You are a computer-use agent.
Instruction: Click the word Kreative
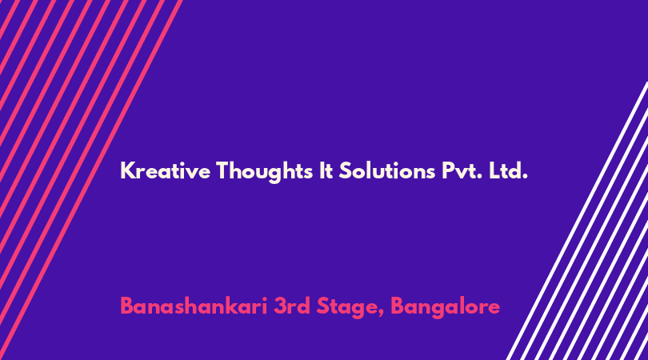165,170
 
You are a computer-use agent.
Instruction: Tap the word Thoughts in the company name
264,171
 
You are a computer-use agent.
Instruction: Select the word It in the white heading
326,170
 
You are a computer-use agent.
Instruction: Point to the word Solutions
387,170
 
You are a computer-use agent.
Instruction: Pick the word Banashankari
194,306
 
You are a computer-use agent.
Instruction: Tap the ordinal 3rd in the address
291,306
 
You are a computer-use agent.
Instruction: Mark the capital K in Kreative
128,170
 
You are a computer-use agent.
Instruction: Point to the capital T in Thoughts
223,170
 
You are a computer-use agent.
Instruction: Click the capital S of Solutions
346,170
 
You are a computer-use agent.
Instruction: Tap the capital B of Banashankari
127,306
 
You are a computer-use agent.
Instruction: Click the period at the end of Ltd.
525,177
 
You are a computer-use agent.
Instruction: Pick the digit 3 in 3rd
279,306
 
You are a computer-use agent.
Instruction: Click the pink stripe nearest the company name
91,180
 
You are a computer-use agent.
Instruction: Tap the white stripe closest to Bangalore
577,221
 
